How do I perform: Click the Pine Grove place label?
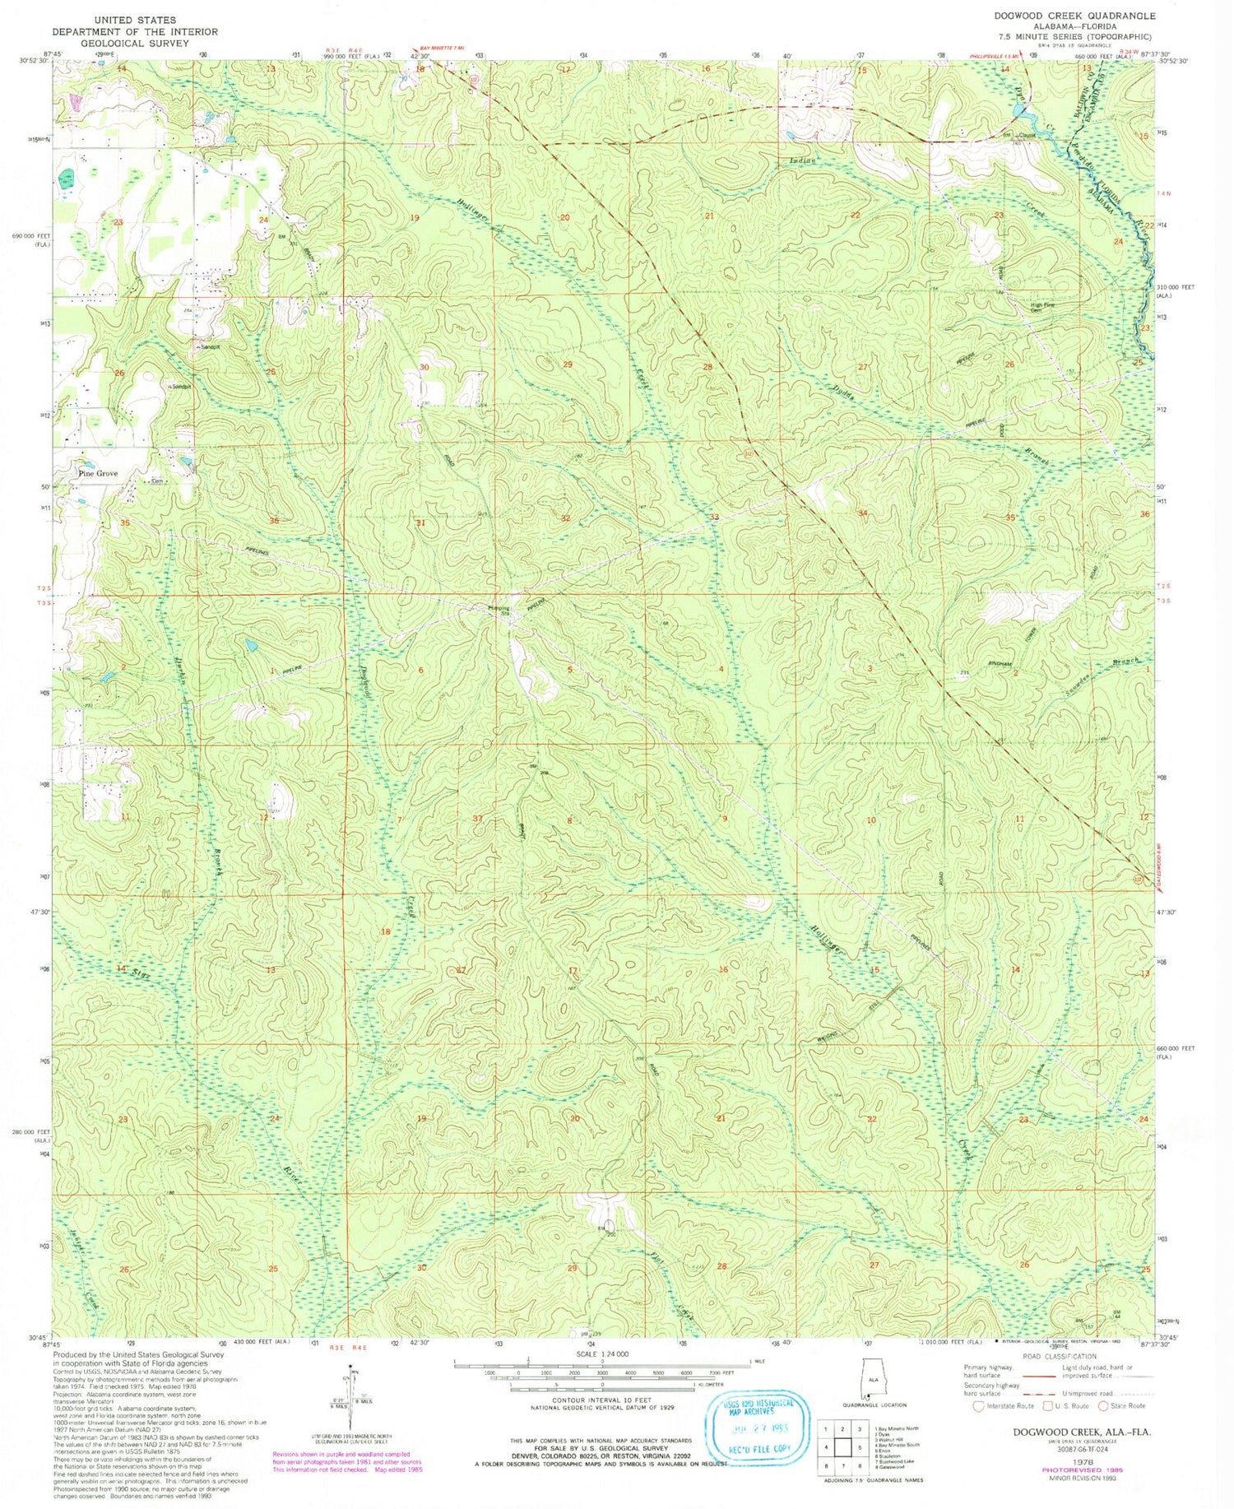click(x=98, y=474)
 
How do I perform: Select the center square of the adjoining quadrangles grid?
click(x=842, y=1446)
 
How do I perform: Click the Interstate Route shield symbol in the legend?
click(x=978, y=1405)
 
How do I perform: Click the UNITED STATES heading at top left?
click(x=135, y=19)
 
